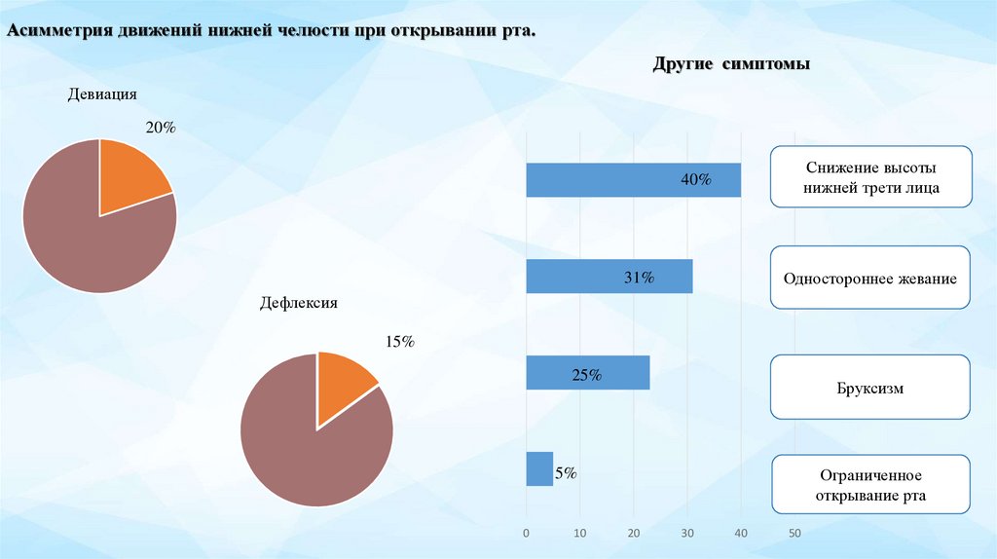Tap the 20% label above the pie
pyautogui.click(x=161, y=128)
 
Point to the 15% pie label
pyautogui.click(x=400, y=342)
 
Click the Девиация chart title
pyautogui.click(x=102, y=94)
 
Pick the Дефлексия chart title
pyautogui.click(x=298, y=303)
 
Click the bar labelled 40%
pyautogui.click(x=633, y=180)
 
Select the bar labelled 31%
pyautogui.click(x=609, y=277)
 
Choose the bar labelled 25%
pyautogui.click(x=587, y=373)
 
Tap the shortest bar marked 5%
pyautogui.click(x=539, y=469)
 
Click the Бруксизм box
pyautogui.click(x=871, y=388)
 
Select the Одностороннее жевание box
pyautogui.click(x=869, y=279)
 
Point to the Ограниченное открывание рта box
pyautogui.click(x=871, y=485)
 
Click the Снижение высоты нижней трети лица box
pyautogui.click(x=871, y=177)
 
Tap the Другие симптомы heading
pyautogui.click(x=731, y=64)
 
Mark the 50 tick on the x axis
pyautogui.click(x=794, y=533)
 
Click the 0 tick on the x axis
pyautogui.click(x=527, y=533)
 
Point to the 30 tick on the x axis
pyautogui.click(x=687, y=533)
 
